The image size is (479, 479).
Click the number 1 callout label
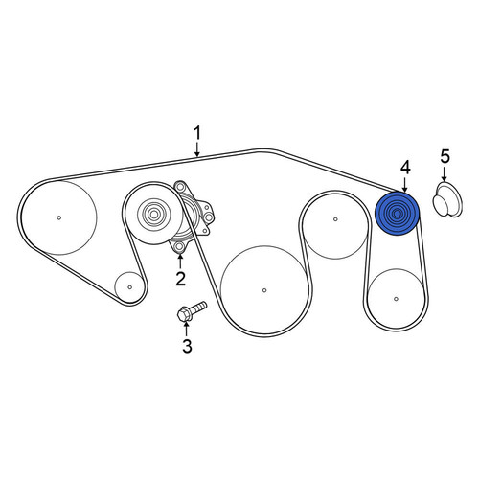(197, 134)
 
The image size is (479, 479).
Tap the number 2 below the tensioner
(181, 279)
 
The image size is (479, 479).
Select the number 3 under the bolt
(187, 346)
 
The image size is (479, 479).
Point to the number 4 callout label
(405, 169)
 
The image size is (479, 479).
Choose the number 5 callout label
(445, 157)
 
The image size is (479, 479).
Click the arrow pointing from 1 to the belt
(197, 149)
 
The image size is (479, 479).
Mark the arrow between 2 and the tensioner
(180, 262)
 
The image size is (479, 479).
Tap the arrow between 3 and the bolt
(187, 329)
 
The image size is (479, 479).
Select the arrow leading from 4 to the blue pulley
(404, 185)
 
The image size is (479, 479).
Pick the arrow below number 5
(445, 174)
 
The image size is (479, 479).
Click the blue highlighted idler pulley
(397, 214)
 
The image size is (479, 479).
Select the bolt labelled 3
(192, 310)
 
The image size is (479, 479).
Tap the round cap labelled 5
(446, 199)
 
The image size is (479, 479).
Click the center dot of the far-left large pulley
(59, 217)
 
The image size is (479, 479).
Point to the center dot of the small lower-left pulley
(129, 287)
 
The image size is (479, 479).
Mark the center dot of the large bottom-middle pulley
(264, 290)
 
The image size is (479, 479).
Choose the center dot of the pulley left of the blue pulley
(335, 219)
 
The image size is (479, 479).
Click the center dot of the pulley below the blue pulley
(396, 299)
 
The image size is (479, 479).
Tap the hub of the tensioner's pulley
(154, 214)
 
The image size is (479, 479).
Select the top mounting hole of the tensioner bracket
(180, 186)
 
